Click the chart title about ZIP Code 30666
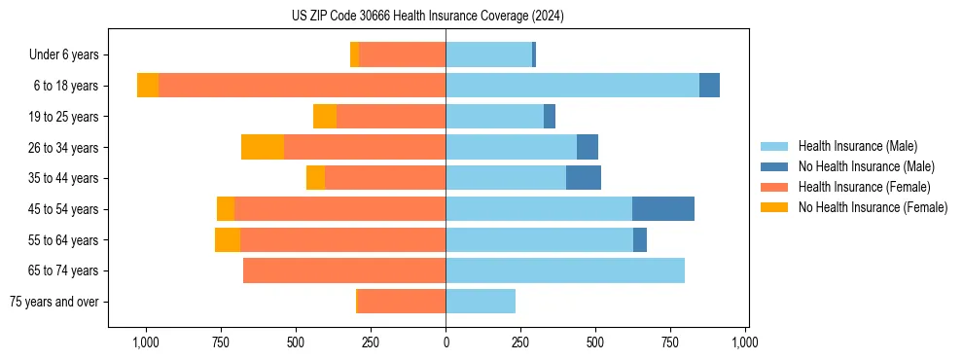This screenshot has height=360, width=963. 427,17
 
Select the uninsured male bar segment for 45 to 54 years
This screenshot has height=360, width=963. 663,209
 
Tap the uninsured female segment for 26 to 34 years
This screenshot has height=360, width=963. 263,147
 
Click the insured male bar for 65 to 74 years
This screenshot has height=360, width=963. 565,270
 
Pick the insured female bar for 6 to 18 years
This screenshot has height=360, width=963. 303,86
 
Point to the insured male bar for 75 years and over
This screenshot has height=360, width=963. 481,302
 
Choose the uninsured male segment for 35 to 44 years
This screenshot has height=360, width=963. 584,178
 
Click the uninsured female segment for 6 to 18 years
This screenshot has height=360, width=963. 148,86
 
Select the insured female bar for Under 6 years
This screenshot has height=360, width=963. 403,54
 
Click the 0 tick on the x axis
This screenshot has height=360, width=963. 446,342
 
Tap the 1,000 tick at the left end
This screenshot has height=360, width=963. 145,342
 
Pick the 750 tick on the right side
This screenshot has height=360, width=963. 670,342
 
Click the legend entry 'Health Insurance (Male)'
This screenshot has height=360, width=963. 857,146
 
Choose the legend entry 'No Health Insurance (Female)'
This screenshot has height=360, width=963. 873,207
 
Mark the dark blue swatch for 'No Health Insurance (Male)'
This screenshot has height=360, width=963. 774,166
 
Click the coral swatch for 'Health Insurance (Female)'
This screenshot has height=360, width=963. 774,187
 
